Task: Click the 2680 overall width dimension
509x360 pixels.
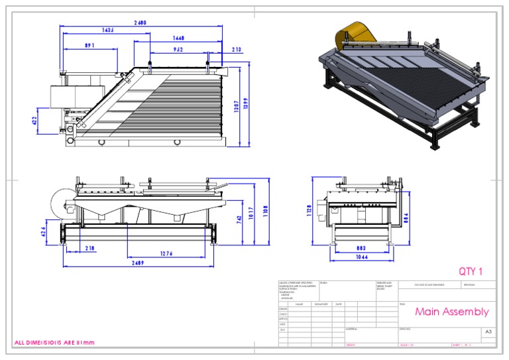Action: click(x=140, y=23)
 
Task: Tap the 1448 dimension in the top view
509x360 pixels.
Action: click(x=178, y=38)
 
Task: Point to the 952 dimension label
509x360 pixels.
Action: click(x=178, y=49)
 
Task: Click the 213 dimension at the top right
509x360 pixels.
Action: click(x=237, y=49)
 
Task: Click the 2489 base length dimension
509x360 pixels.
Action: click(x=139, y=263)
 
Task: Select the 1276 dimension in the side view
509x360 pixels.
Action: click(x=168, y=253)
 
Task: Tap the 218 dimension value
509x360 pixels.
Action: click(x=89, y=249)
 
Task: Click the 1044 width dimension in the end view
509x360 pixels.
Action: click(x=361, y=257)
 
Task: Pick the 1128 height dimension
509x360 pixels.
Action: click(x=309, y=210)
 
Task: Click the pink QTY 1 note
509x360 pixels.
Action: click(x=471, y=271)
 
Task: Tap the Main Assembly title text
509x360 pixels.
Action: click(x=451, y=312)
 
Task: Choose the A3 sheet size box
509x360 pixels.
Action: click(x=488, y=331)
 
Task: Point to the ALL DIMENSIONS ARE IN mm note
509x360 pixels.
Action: click(x=56, y=343)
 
